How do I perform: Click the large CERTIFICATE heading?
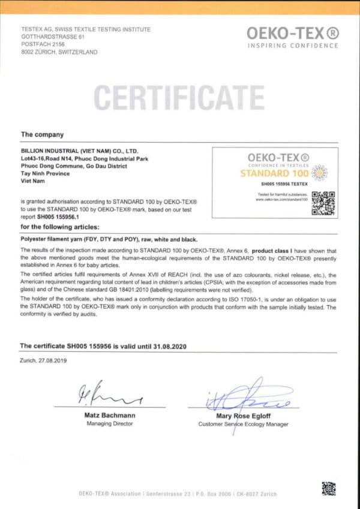[x=179, y=98]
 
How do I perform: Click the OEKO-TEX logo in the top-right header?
[x=292, y=33]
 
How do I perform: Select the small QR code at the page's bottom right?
[x=328, y=488]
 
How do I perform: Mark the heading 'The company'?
[x=42, y=134]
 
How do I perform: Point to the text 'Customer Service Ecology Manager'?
[x=243, y=424]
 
